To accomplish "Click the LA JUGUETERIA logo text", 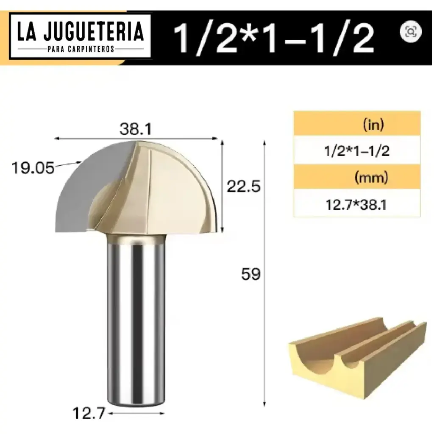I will pos(81,32).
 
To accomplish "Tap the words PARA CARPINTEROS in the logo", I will pos(81,49).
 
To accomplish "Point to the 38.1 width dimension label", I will pos(136,128).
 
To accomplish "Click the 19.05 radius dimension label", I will pos(33,168).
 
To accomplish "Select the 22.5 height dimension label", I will pos(243,186).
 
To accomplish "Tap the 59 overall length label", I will pos(250,274).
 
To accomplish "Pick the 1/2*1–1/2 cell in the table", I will pos(357,151).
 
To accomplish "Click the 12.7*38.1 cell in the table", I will pos(357,205).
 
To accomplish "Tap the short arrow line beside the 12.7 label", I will pos(136,413).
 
